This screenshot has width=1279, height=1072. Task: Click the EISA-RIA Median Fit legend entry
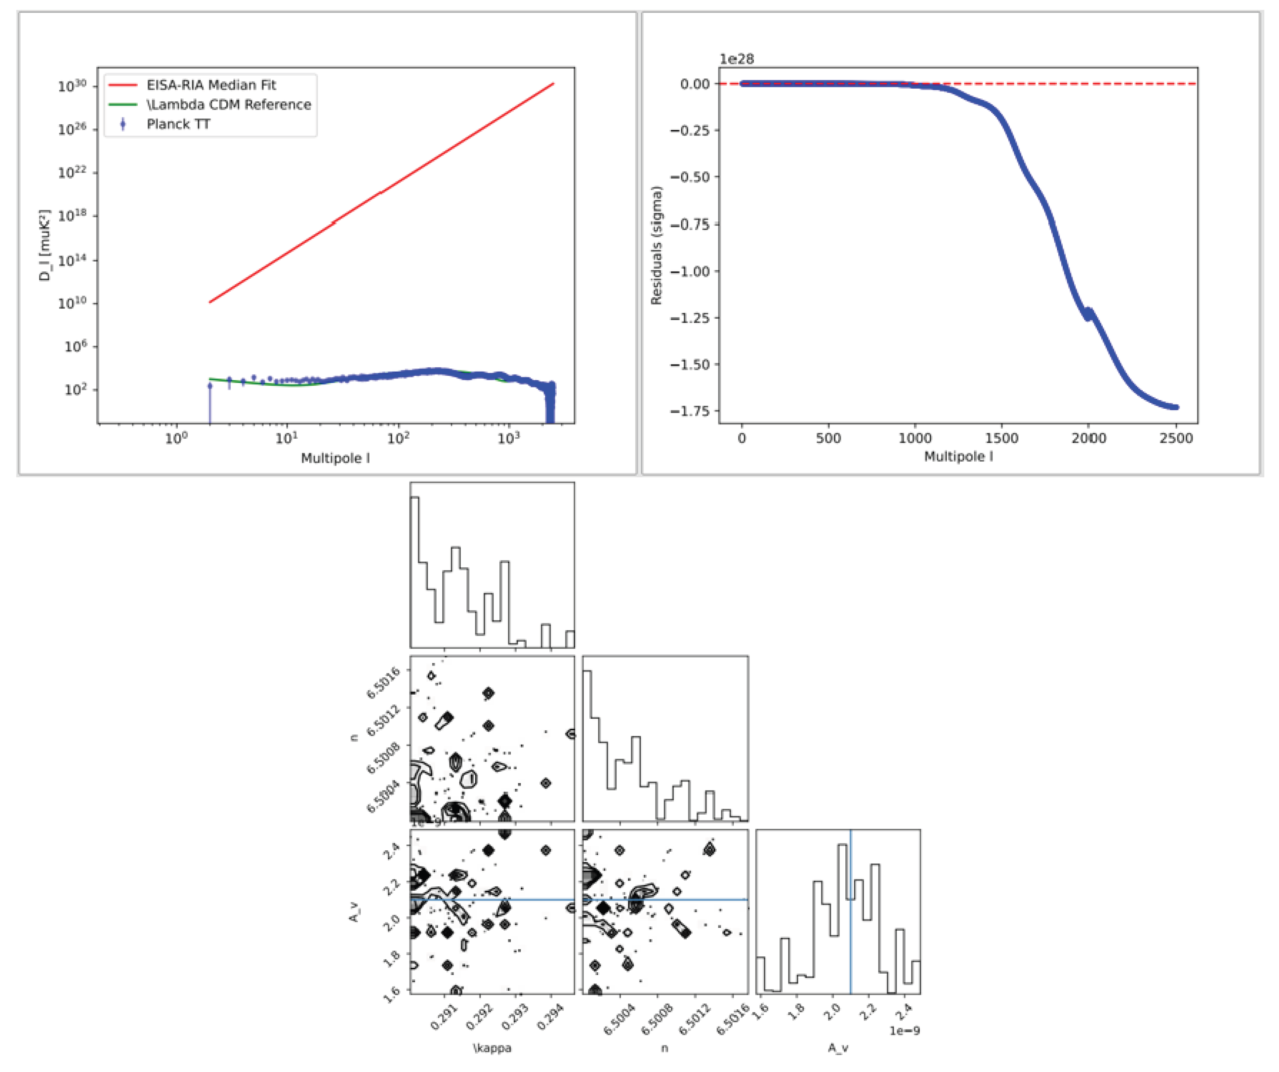pyautogui.click(x=211, y=85)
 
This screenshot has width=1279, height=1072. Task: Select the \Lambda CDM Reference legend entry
pyautogui.click(x=229, y=104)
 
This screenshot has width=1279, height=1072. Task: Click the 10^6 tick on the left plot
pyautogui.click(x=76, y=346)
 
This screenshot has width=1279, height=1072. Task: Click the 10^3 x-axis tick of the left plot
pyautogui.click(x=509, y=438)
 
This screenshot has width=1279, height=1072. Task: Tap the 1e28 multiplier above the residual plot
pyautogui.click(x=736, y=59)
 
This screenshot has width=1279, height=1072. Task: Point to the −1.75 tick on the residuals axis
pyautogui.click(x=690, y=411)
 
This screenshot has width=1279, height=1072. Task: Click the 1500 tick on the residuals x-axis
pyautogui.click(x=1001, y=438)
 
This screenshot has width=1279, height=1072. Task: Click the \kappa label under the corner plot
pyautogui.click(x=492, y=1047)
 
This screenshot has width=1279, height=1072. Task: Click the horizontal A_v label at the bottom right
pyautogui.click(x=838, y=1047)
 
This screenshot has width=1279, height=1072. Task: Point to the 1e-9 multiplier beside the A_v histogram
pyautogui.click(x=904, y=1031)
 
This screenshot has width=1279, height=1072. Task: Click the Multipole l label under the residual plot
pyautogui.click(x=958, y=456)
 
